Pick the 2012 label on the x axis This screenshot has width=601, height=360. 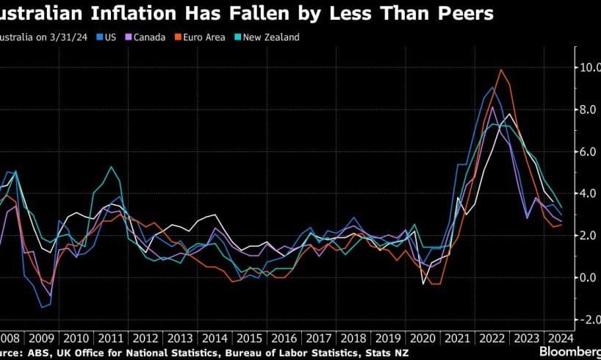[145, 338]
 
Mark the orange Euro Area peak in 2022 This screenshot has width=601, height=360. [500, 70]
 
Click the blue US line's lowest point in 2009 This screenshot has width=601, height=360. [41, 307]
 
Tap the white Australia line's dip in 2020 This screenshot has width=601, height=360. [424, 284]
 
